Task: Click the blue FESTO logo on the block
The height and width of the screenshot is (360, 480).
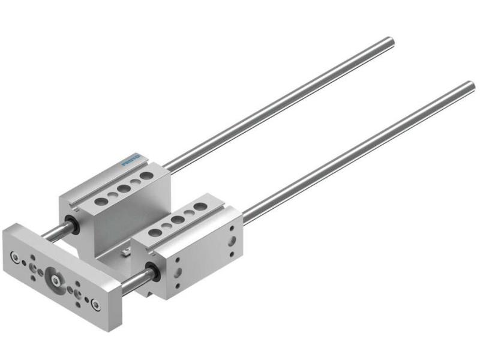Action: [131, 160]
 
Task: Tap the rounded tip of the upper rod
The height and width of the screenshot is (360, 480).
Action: [391, 41]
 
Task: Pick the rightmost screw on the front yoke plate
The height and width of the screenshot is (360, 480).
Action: [96, 304]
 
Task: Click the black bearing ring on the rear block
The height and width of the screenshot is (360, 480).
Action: [74, 226]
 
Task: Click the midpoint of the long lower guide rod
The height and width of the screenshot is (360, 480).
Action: [354, 150]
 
